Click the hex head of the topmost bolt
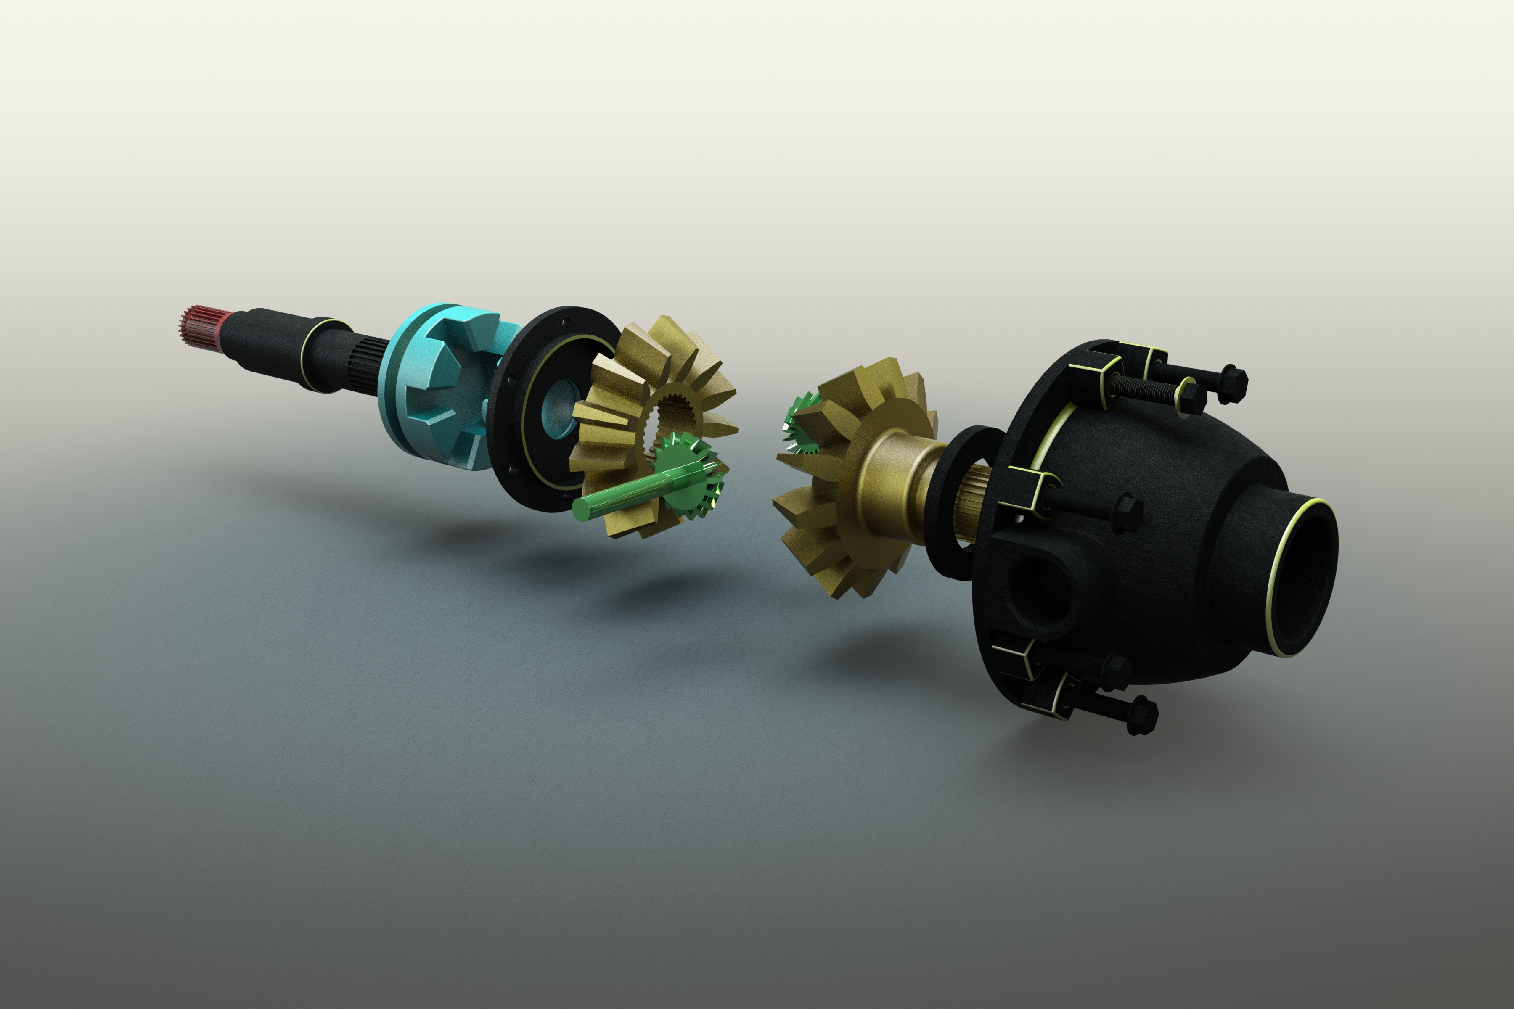pyautogui.click(x=1232, y=383)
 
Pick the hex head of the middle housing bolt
pyautogui.click(x=1127, y=512)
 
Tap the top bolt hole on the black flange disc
pyautogui.click(x=566, y=323)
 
